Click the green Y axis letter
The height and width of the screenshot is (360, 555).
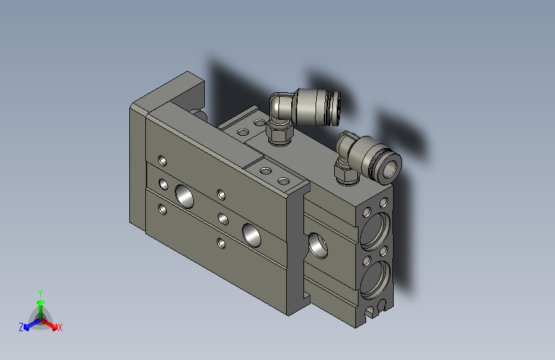40,293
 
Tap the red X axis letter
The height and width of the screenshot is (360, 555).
60,327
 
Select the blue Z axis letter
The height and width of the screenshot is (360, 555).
21,327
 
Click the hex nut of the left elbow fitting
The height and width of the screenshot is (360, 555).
280,132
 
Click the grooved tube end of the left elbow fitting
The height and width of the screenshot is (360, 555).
334,108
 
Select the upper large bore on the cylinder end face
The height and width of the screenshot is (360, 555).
375,231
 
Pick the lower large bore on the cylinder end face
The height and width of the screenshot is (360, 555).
375,280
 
